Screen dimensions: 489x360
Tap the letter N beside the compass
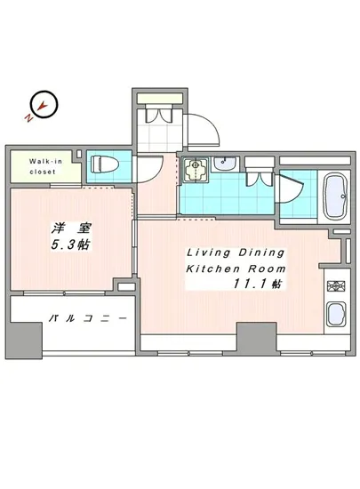pyautogui.click(x=29, y=116)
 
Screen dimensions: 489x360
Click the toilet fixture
pyautogui.click(x=103, y=166)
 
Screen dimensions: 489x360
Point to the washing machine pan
pyautogui.click(x=196, y=169)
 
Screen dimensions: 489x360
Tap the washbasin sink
pyautogui.click(x=225, y=164)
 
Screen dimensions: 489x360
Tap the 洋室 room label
pyautogui.click(x=68, y=228)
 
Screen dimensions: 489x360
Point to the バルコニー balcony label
pyautogui.click(x=85, y=318)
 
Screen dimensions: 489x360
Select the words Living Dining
pyautogui.click(x=236, y=253)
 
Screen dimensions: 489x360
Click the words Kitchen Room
pyautogui.click(x=236, y=269)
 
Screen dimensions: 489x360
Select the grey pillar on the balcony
pyautogui.click(x=26, y=337)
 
